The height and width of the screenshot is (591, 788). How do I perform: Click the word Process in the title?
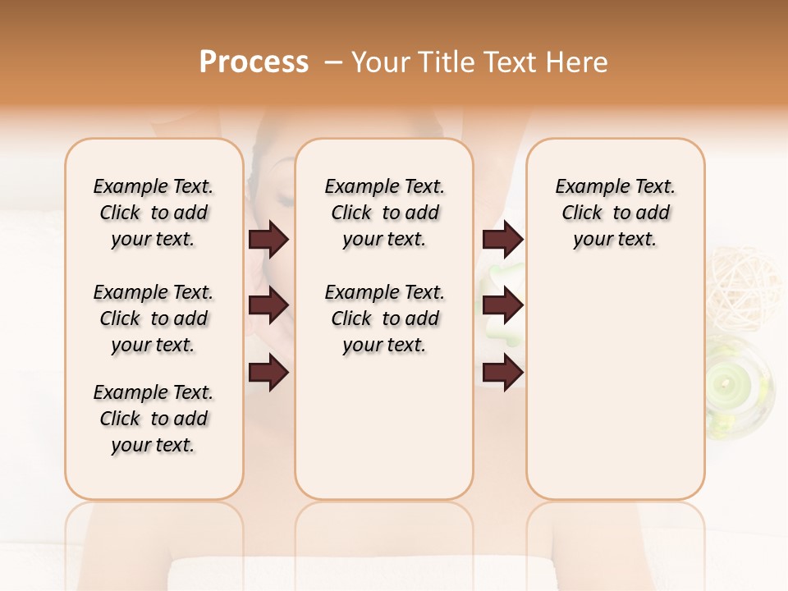tap(253, 62)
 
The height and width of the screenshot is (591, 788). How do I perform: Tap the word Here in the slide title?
tap(578, 62)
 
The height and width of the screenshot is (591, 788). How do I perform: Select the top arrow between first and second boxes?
tap(268, 240)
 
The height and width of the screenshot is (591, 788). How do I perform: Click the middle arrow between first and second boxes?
tap(268, 306)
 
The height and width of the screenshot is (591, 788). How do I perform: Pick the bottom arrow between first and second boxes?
tap(268, 373)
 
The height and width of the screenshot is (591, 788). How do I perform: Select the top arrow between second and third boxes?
tap(502, 240)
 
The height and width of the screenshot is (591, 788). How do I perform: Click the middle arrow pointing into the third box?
tap(502, 306)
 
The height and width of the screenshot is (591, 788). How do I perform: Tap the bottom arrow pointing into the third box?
tap(502, 373)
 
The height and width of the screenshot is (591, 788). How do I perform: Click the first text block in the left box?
tap(153, 213)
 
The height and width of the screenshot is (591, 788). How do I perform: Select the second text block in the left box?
tap(153, 318)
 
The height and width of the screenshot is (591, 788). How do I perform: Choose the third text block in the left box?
tap(153, 419)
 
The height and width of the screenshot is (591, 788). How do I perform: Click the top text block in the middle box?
tap(384, 213)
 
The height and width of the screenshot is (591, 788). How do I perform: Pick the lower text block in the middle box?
tap(384, 318)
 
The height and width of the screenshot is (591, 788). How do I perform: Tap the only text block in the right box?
tap(615, 213)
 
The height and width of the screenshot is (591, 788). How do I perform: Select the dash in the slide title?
tap(332, 62)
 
